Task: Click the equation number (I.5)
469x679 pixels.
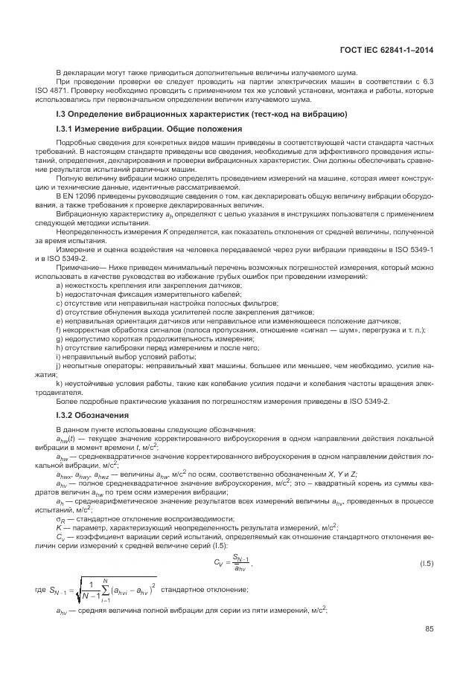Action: [x=425, y=564]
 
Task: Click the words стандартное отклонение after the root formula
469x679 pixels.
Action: [x=205, y=589]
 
